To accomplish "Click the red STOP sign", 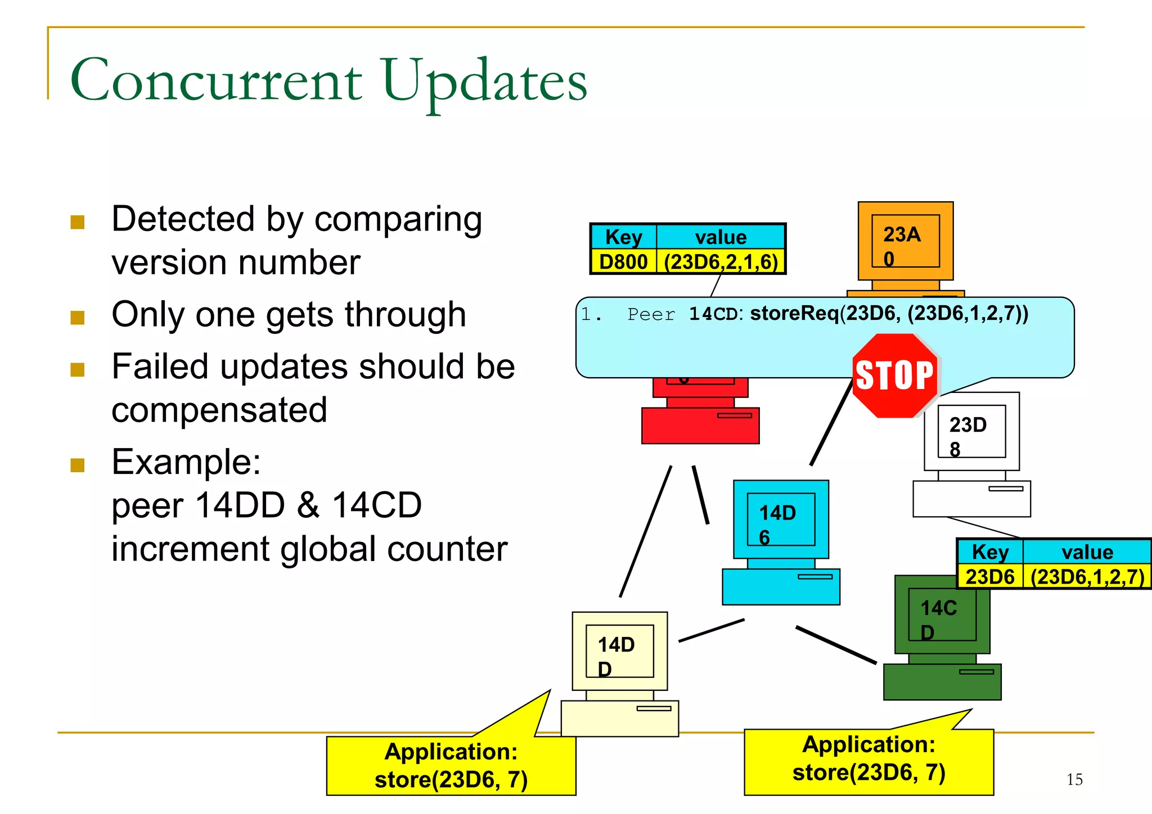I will [894, 376].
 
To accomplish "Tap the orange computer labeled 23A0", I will [905, 242].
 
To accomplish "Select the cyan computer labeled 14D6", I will [781, 540].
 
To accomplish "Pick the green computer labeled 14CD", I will [942, 635].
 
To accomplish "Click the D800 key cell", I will [623, 262].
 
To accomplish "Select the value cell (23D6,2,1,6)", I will [721, 262].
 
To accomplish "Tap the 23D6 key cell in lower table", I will [990, 577].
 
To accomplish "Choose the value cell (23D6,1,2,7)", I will [1087, 577].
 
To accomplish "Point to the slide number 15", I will [1074, 779].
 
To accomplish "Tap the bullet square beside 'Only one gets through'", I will [78, 318].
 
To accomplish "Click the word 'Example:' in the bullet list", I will [186, 462].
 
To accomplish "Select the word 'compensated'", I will [219, 410].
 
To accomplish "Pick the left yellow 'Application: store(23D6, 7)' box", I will [451, 766].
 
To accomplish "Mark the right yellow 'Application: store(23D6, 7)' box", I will [868, 759].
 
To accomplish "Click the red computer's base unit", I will [700, 426].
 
